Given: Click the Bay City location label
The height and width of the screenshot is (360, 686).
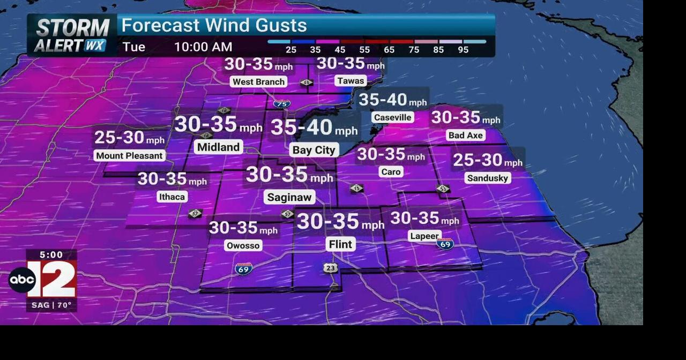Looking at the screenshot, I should click(314, 150).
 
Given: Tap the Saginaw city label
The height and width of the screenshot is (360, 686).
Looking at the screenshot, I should click(289, 197).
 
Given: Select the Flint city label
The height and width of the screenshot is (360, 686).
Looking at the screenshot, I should click(340, 244).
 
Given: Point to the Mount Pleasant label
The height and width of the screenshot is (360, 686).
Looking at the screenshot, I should click(129, 155).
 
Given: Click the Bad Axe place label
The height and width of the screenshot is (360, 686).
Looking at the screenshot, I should click(466, 135).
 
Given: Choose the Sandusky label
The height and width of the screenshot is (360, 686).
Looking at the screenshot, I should click(487, 178).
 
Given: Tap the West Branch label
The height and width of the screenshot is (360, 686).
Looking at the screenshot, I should click(259, 81).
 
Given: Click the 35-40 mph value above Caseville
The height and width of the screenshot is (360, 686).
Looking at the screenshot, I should click(392, 100).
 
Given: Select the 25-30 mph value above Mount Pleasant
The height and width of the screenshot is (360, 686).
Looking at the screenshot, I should click(130, 138).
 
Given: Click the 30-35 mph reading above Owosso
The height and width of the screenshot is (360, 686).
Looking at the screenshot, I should click(243, 228).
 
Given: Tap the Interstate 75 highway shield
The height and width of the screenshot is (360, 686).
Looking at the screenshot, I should click(282, 104).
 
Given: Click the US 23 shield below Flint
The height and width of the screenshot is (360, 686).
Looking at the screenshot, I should click(331, 268).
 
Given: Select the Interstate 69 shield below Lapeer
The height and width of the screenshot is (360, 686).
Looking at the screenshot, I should click(445, 244).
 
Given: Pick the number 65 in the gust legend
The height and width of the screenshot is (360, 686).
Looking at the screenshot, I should click(389, 50).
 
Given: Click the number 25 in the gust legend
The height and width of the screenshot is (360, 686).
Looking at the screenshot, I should click(290, 50).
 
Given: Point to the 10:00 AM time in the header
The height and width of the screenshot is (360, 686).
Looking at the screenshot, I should click(203, 47).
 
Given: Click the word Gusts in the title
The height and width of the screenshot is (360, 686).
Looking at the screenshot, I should click(279, 25).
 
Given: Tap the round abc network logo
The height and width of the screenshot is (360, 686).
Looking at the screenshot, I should click(22, 280).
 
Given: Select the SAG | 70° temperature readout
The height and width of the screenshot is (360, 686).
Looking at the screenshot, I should click(51, 305).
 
